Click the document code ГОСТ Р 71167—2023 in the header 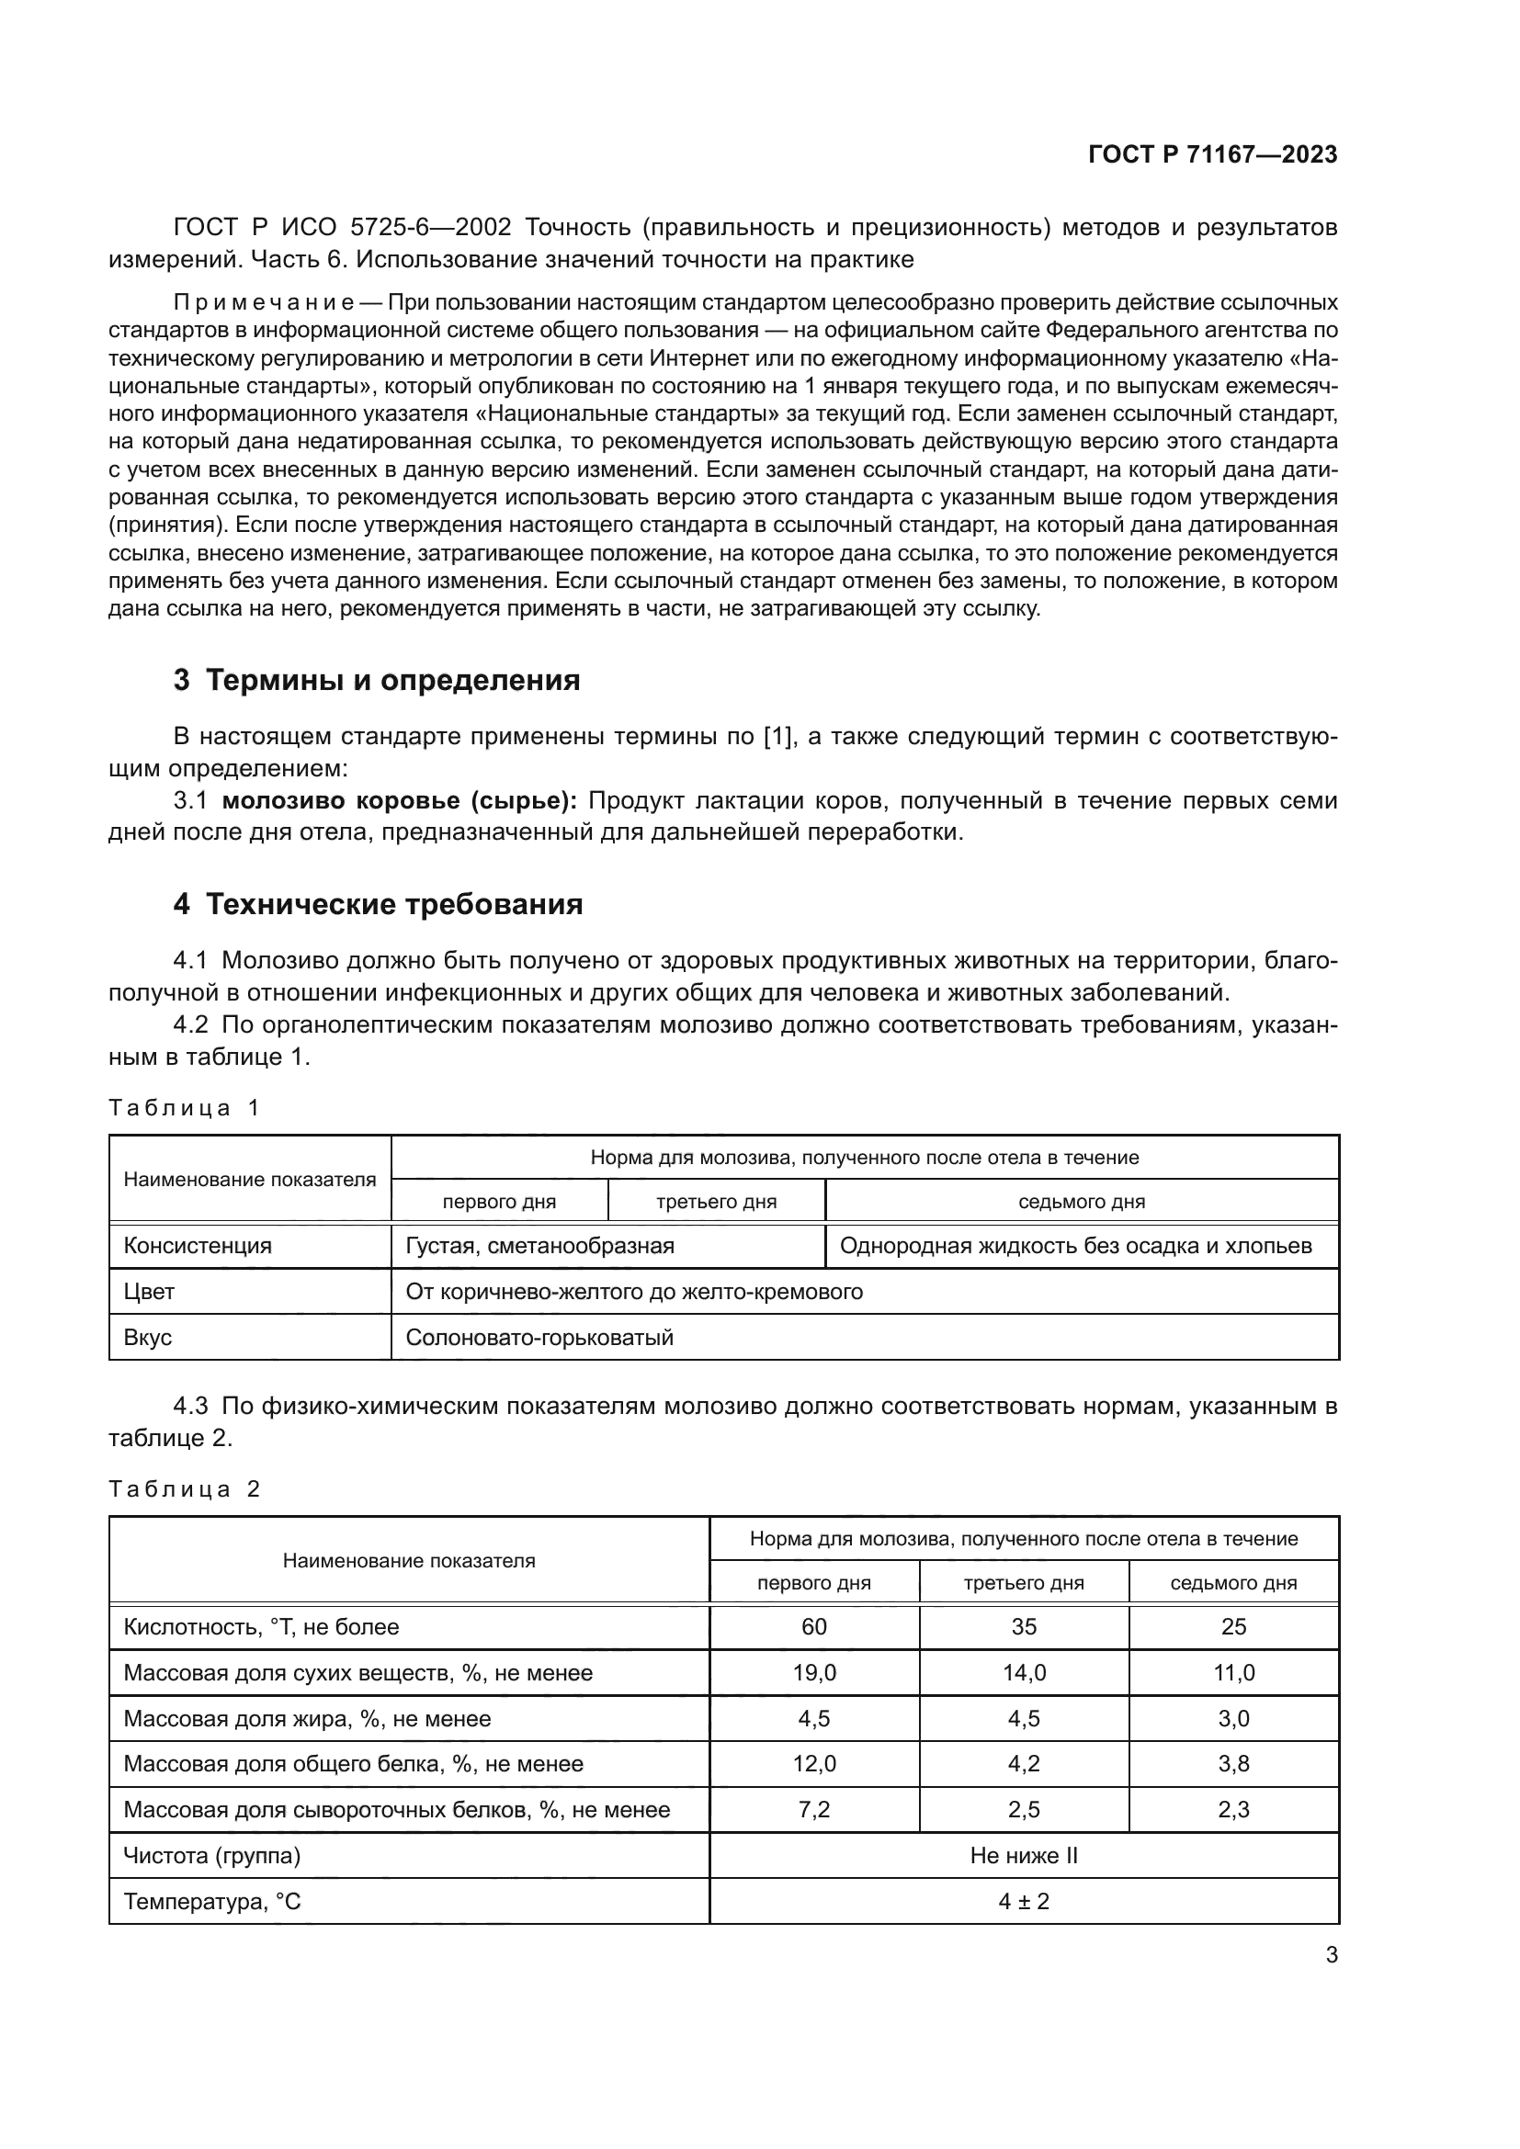click(x=1212, y=155)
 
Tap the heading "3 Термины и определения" click(x=376, y=681)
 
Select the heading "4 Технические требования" click(x=378, y=904)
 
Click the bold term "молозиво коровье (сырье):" click(x=400, y=800)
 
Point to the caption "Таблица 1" click(x=184, y=1108)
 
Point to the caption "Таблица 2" click(x=184, y=1489)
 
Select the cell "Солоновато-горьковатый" click(x=539, y=1338)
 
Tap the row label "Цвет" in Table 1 click(x=149, y=1292)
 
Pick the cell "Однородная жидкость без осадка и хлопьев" click(x=1075, y=1246)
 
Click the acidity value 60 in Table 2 click(x=813, y=1627)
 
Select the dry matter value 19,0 click(x=813, y=1672)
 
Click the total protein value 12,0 click(x=813, y=1764)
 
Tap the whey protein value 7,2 click(x=813, y=1810)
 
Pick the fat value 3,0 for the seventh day click(x=1232, y=1718)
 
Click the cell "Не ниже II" click(x=1024, y=1856)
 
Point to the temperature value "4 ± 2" click(x=1024, y=1902)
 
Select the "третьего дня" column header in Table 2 click(x=1024, y=1583)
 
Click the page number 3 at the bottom click(x=1331, y=1955)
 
